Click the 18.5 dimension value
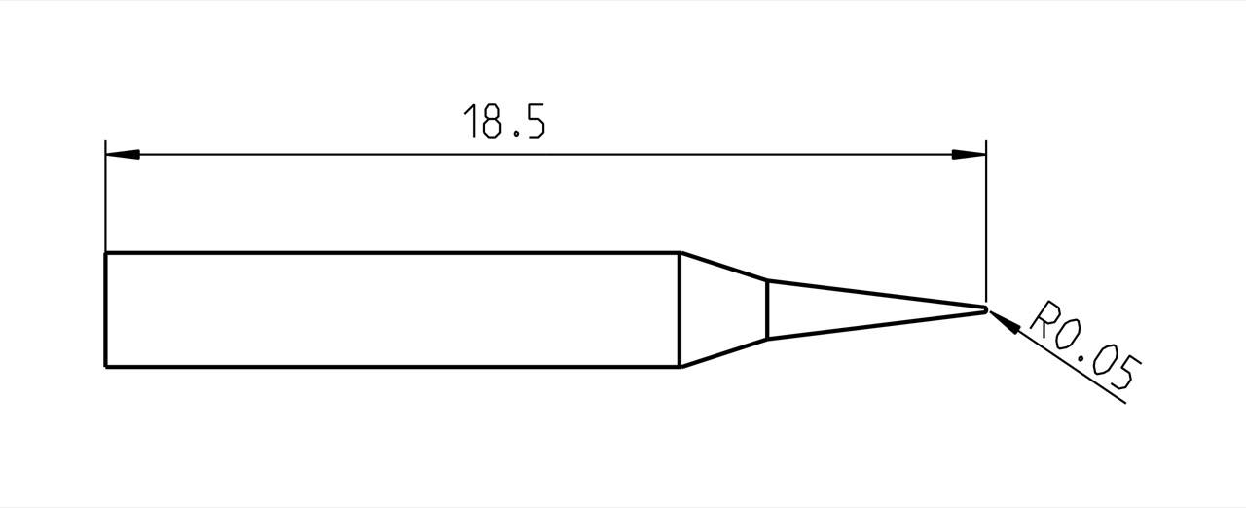[503, 121]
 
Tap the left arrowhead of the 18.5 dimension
[122, 155]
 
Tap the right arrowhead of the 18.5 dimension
[969, 155]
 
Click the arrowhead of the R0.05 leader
[1004, 322]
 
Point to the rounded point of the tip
[985, 310]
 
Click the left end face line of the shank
[105, 309]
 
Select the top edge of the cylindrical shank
[389, 253]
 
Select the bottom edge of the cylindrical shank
[389, 367]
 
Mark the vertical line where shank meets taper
[679, 309]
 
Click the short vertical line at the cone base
[768, 309]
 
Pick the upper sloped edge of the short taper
[724, 267]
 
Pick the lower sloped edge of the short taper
[724, 353]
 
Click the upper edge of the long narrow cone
[876, 295]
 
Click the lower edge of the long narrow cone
[876, 325]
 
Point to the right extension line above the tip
[986, 224]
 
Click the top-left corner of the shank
[105, 253]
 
